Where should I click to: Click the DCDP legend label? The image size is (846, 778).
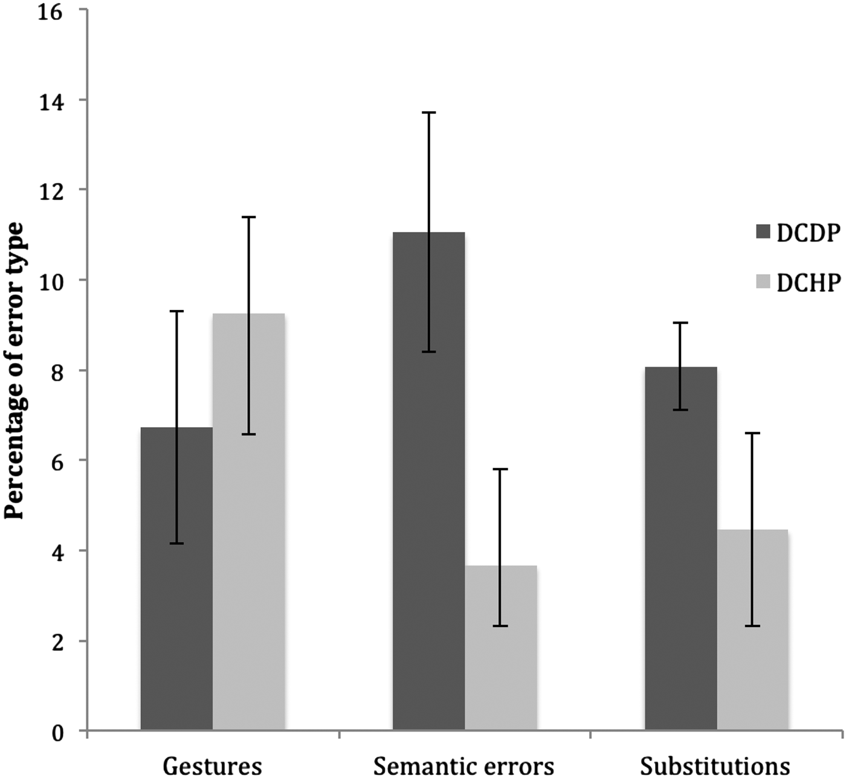click(x=808, y=233)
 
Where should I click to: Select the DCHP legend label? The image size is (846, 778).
click(x=808, y=282)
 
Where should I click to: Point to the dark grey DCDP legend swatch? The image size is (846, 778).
click(x=763, y=232)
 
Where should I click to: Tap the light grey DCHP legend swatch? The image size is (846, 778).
click(x=763, y=281)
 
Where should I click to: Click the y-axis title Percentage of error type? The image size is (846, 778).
click(x=15, y=370)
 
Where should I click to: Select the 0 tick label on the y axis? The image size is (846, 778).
click(x=57, y=733)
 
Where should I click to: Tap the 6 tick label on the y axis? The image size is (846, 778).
click(x=57, y=461)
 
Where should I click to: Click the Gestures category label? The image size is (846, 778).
click(x=212, y=766)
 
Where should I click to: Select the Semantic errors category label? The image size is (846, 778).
click(x=463, y=766)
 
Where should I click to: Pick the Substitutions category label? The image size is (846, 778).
click(x=715, y=766)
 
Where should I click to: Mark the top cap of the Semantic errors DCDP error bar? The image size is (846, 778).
click(x=428, y=112)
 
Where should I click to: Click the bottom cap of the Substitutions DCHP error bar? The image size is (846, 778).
click(x=752, y=626)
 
